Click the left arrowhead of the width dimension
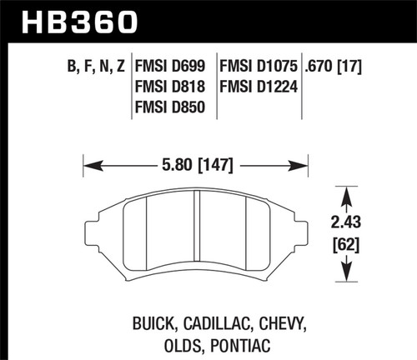coord(89,164)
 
